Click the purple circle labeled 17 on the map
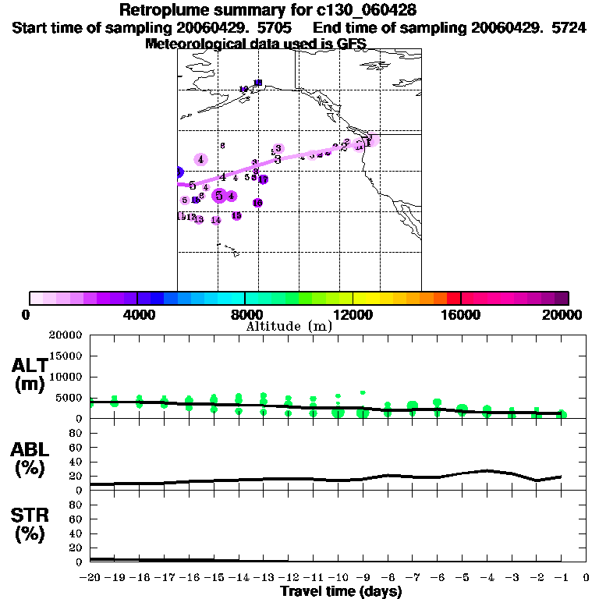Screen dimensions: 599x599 pyautogui.click(x=263, y=179)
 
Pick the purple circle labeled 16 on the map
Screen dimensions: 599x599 pyautogui.click(x=257, y=203)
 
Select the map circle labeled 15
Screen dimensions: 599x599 pyautogui.click(x=236, y=216)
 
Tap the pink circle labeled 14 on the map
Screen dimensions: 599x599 pyautogui.click(x=216, y=220)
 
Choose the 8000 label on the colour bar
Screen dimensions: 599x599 pyautogui.click(x=245, y=314)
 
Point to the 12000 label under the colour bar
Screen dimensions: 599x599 pyautogui.click(x=353, y=314)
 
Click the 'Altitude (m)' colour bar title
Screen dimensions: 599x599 pyautogui.click(x=289, y=326)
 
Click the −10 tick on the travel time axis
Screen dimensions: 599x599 pyautogui.click(x=337, y=578)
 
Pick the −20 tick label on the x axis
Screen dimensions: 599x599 pyautogui.click(x=90, y=578)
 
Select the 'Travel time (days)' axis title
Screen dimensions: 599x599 pyautogui.click(x=341, y=592)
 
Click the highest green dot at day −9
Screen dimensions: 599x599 pyautogui.click(x=363, y=392)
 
